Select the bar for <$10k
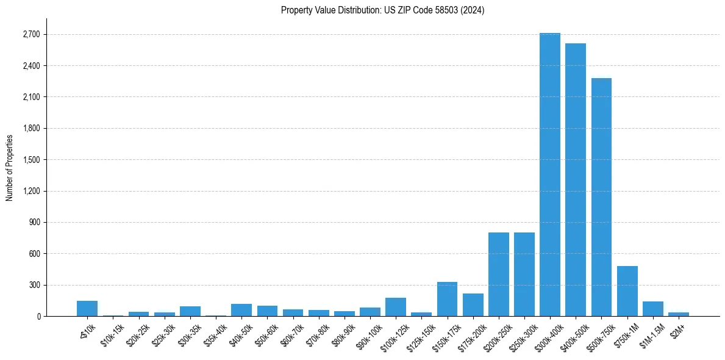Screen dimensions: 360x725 tap(87, 309)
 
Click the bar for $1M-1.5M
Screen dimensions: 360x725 tap(652, 309)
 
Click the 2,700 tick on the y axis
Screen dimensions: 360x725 tap(30, 34)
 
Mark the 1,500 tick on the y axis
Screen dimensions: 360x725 tap(30, 160)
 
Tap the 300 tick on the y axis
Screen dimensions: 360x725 tap(34, 285)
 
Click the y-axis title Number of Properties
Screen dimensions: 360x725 tap(9, 167)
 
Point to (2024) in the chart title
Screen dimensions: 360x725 tap(473, 10)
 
